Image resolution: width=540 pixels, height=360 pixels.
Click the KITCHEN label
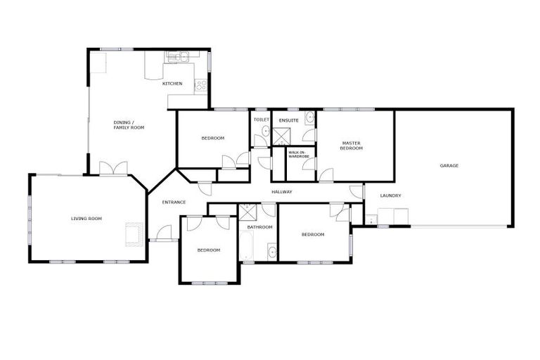(x=172, y=84)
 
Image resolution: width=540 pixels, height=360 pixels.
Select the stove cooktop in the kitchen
(x=201, y=86)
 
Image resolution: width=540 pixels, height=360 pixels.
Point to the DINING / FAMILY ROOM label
(x=129, y=125)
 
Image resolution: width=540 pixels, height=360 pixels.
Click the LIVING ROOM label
(x=86, y=219)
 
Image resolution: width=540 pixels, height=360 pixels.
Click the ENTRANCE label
(x=174, y=202)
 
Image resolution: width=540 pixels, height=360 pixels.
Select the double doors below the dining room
(x=112, y=169)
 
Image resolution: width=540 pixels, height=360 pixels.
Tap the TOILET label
(x=261, y=120)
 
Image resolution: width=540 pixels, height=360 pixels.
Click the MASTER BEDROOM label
(x=351, y=146)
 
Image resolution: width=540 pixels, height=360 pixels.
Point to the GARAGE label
(x=449, y=166)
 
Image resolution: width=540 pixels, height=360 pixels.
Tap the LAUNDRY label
(x=390, y=196)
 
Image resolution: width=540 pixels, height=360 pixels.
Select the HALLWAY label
(x=281, y=192)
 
